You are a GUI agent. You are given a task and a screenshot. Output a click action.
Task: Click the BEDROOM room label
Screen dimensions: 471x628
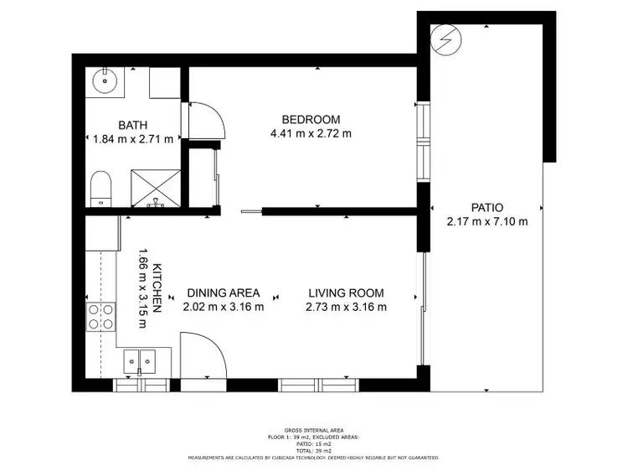point(311,119)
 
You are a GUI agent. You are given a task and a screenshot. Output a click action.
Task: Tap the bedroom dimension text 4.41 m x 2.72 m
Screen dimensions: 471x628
point(311,133)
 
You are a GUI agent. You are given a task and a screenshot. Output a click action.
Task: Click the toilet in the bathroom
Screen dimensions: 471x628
point(101,189)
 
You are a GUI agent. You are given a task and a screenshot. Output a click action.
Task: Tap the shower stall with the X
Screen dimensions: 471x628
point(156,189)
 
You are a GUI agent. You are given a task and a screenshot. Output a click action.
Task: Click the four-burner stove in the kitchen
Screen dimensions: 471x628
point(101,317)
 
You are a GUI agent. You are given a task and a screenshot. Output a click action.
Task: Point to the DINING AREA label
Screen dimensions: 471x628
point(223,293)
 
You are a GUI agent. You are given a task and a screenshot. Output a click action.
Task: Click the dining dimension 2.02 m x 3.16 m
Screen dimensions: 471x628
point(223,307)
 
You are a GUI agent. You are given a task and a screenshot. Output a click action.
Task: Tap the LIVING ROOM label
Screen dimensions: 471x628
point(346,293)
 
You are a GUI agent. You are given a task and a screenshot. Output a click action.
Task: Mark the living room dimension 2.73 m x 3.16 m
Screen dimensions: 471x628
point(346,307)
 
